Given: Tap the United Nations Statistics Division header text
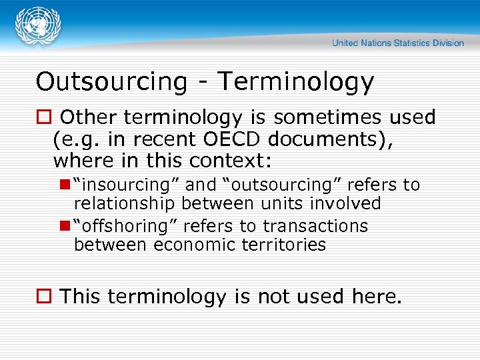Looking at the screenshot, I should click(398, 43).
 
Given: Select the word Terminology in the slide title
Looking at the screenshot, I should click(296, 81).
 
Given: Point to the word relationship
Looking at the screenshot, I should click(125, 203).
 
